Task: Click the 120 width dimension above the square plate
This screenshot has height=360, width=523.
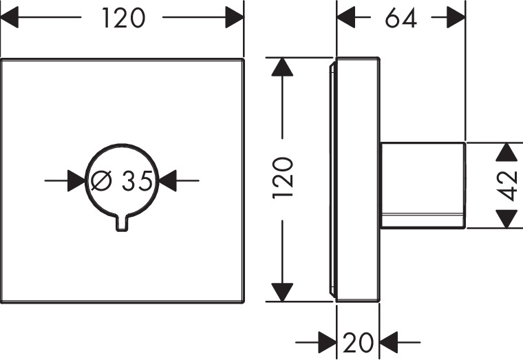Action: click(x=124, y=19)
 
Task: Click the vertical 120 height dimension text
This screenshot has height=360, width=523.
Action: click(x=283, y=178)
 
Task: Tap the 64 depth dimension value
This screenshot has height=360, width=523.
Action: click(x=401, y=19)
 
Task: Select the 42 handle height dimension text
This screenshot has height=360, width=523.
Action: click(x=507, y=185)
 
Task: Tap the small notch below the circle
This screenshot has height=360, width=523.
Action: click(x=122, y=222)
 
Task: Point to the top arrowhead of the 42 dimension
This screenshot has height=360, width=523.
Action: click(x=507, y=152)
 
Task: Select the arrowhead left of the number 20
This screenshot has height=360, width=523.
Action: click(x=326, y=341)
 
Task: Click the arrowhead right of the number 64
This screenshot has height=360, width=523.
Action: click(x=456, y=19)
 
